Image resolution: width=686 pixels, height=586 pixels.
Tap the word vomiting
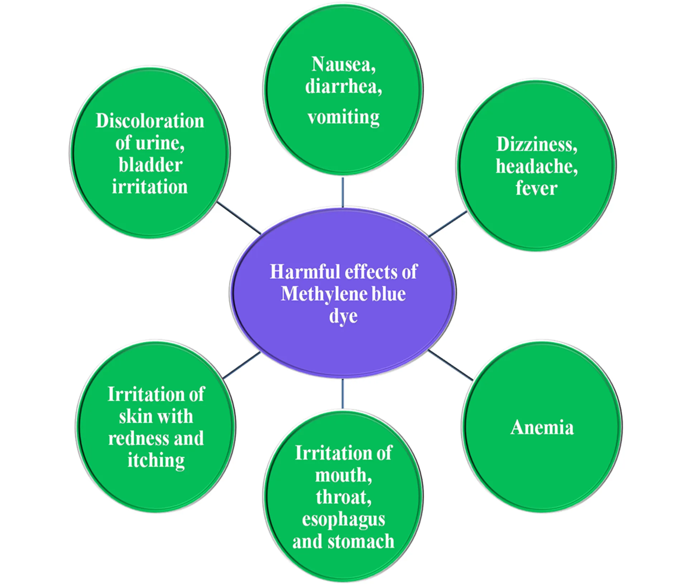(x=343, y=117)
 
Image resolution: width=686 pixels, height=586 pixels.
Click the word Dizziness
(x=536, y=144)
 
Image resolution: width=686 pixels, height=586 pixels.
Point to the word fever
(x=536, y=188)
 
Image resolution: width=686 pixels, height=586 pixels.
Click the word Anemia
(x=542, y=427)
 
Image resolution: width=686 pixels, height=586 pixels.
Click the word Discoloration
(x=150, y=121)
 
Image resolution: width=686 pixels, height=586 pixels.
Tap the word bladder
(x=150, y=165)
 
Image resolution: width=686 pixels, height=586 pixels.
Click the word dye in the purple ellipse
(x=343, y=316)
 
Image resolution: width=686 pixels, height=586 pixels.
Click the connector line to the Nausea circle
(x=342, y=192)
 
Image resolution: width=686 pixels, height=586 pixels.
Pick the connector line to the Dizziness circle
(x=447, y=224)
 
